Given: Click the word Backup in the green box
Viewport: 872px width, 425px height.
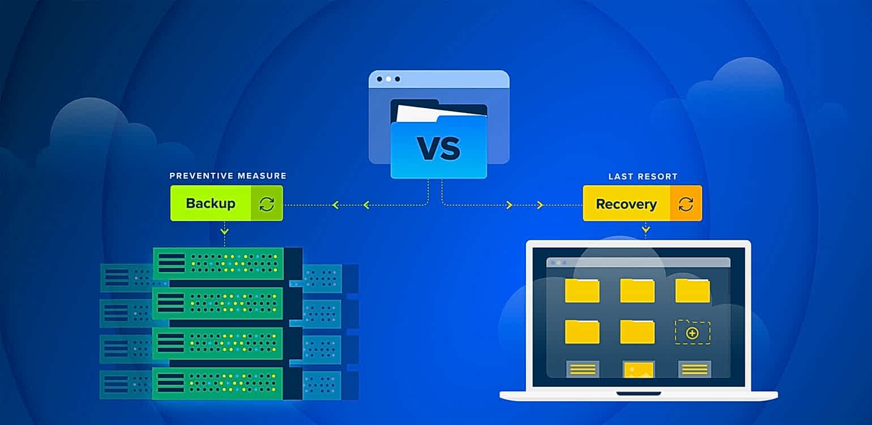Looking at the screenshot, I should pos(210,203).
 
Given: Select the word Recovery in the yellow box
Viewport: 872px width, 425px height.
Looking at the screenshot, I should pos(626,204).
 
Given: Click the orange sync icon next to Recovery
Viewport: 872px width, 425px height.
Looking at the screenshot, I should pos(686,204).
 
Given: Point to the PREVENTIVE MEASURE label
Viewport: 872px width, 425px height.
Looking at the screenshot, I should pos(228,176).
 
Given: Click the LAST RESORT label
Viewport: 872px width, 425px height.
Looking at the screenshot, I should pos(643,177).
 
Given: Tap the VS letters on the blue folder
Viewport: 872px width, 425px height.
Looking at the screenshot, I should pos(438,148).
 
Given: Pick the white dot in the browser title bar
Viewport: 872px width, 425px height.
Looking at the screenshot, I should pos(388,79).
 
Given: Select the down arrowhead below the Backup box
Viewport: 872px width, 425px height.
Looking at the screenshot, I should pos(225,230).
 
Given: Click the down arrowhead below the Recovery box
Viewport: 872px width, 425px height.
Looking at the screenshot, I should pos(646,229).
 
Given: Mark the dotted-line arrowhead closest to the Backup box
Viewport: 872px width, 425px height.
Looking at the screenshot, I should pos(335,205).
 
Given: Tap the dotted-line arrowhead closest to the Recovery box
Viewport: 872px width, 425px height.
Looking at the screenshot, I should pos(540,205).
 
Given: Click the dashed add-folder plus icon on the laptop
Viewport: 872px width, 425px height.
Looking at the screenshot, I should pos(692,333).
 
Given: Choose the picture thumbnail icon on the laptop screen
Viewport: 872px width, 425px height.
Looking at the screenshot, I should pos(638,370).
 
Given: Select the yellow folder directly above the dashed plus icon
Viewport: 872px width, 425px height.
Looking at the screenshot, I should pos(692,290).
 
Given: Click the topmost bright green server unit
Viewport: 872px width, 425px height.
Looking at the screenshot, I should pos(218,263).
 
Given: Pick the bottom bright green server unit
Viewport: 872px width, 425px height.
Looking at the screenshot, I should pos(218,383).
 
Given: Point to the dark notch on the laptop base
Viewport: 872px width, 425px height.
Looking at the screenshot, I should pos(639,393).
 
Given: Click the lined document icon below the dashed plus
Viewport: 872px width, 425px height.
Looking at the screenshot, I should pos(694,369).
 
